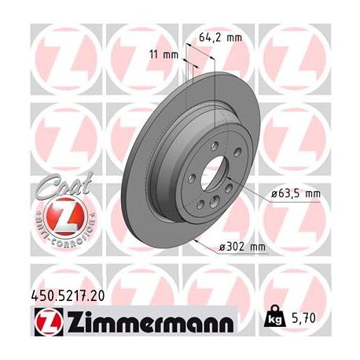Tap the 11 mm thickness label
click(x=167, y=54)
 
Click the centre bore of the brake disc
click(x=213, y=172)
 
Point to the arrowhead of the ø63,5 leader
click(x=227, y=178)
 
